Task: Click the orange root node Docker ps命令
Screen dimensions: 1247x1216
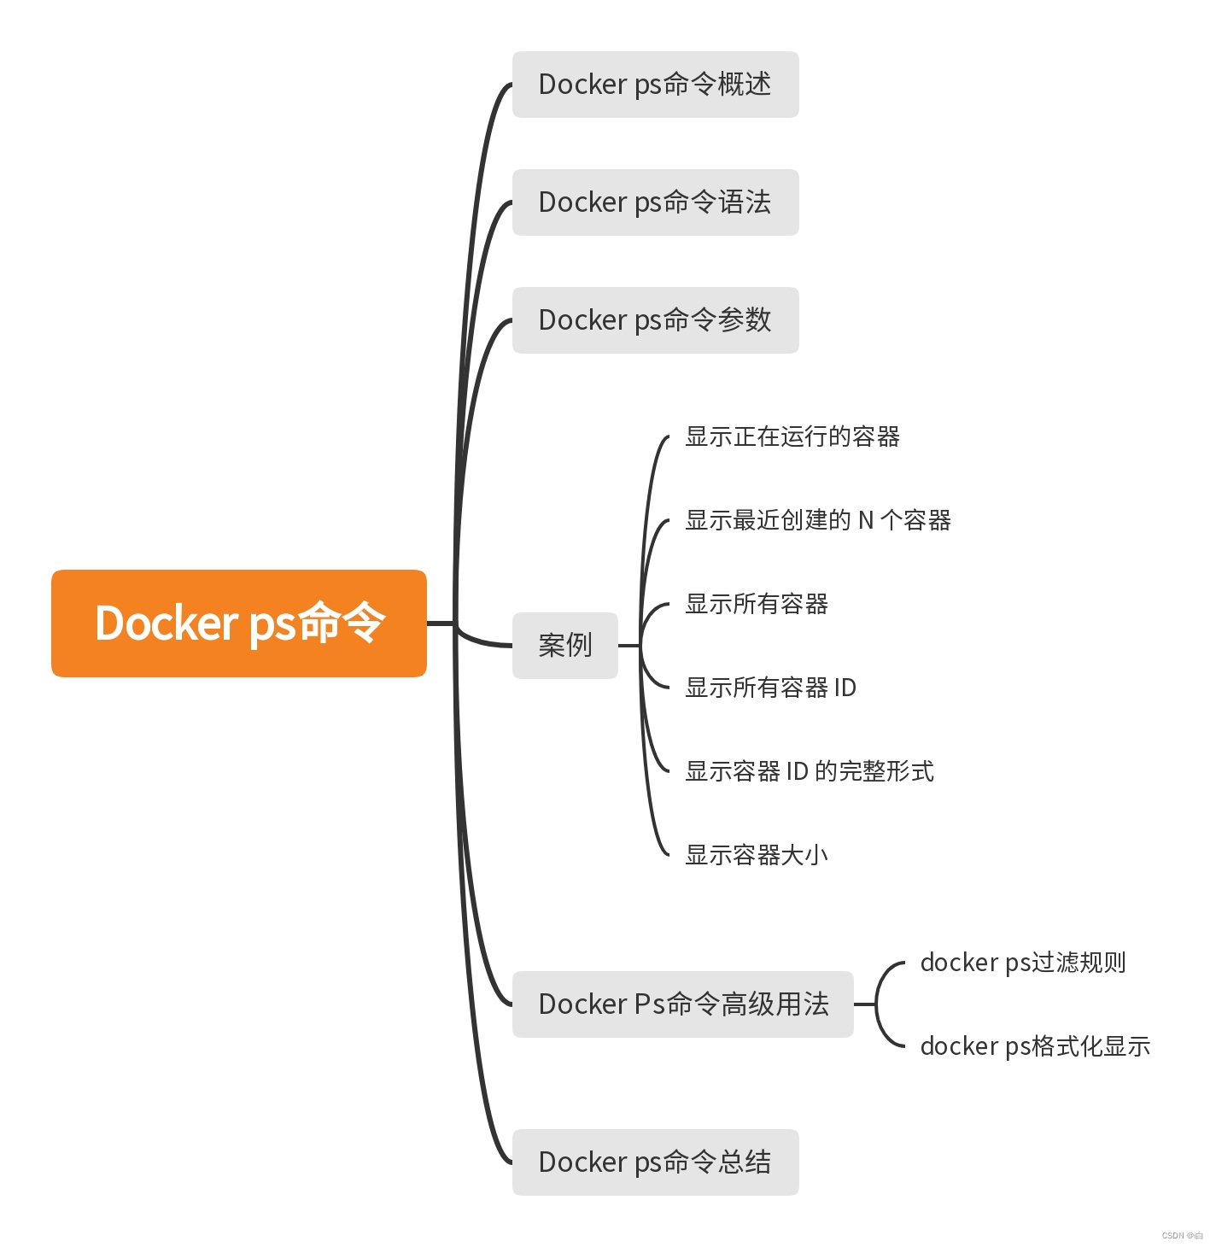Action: (x=238, y=623)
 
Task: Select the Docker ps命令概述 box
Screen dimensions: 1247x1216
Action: (x=655, y=85)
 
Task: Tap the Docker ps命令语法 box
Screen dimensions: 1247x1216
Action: (x=655, y=202)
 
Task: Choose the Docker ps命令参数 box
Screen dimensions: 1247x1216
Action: (x=655, y=320)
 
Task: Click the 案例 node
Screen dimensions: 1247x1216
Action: (x=564, y=646)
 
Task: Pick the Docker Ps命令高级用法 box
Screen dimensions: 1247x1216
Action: (x=682, y=1004)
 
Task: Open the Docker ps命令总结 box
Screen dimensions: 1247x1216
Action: (x=655, y=1162)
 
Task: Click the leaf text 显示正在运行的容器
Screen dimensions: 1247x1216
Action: (x=792, y=436)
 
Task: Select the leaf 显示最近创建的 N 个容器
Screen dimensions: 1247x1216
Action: (x=817, y=520)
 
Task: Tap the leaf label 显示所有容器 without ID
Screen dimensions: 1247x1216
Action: (x=757, y=604)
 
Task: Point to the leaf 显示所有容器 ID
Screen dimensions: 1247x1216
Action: (x=770, y=688)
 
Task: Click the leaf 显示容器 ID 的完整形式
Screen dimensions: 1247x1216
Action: (x=809, y=771)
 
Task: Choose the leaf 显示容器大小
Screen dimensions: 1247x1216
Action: (x=757, y=855)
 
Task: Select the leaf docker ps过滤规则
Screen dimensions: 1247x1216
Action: (x=1022, y=963)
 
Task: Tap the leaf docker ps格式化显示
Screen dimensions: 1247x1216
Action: (x=1035, y=1046)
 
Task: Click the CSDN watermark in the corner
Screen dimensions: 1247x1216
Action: (x=1182, y=1235)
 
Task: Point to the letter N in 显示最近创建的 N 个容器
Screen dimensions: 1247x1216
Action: (x=866, y=520)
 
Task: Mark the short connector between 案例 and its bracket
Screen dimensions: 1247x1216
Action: (x=628, y=646)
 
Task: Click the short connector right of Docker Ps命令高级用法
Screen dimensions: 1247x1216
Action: (x=864, y=1004)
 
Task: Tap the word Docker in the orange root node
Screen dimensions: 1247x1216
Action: (x=167, y=623)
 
